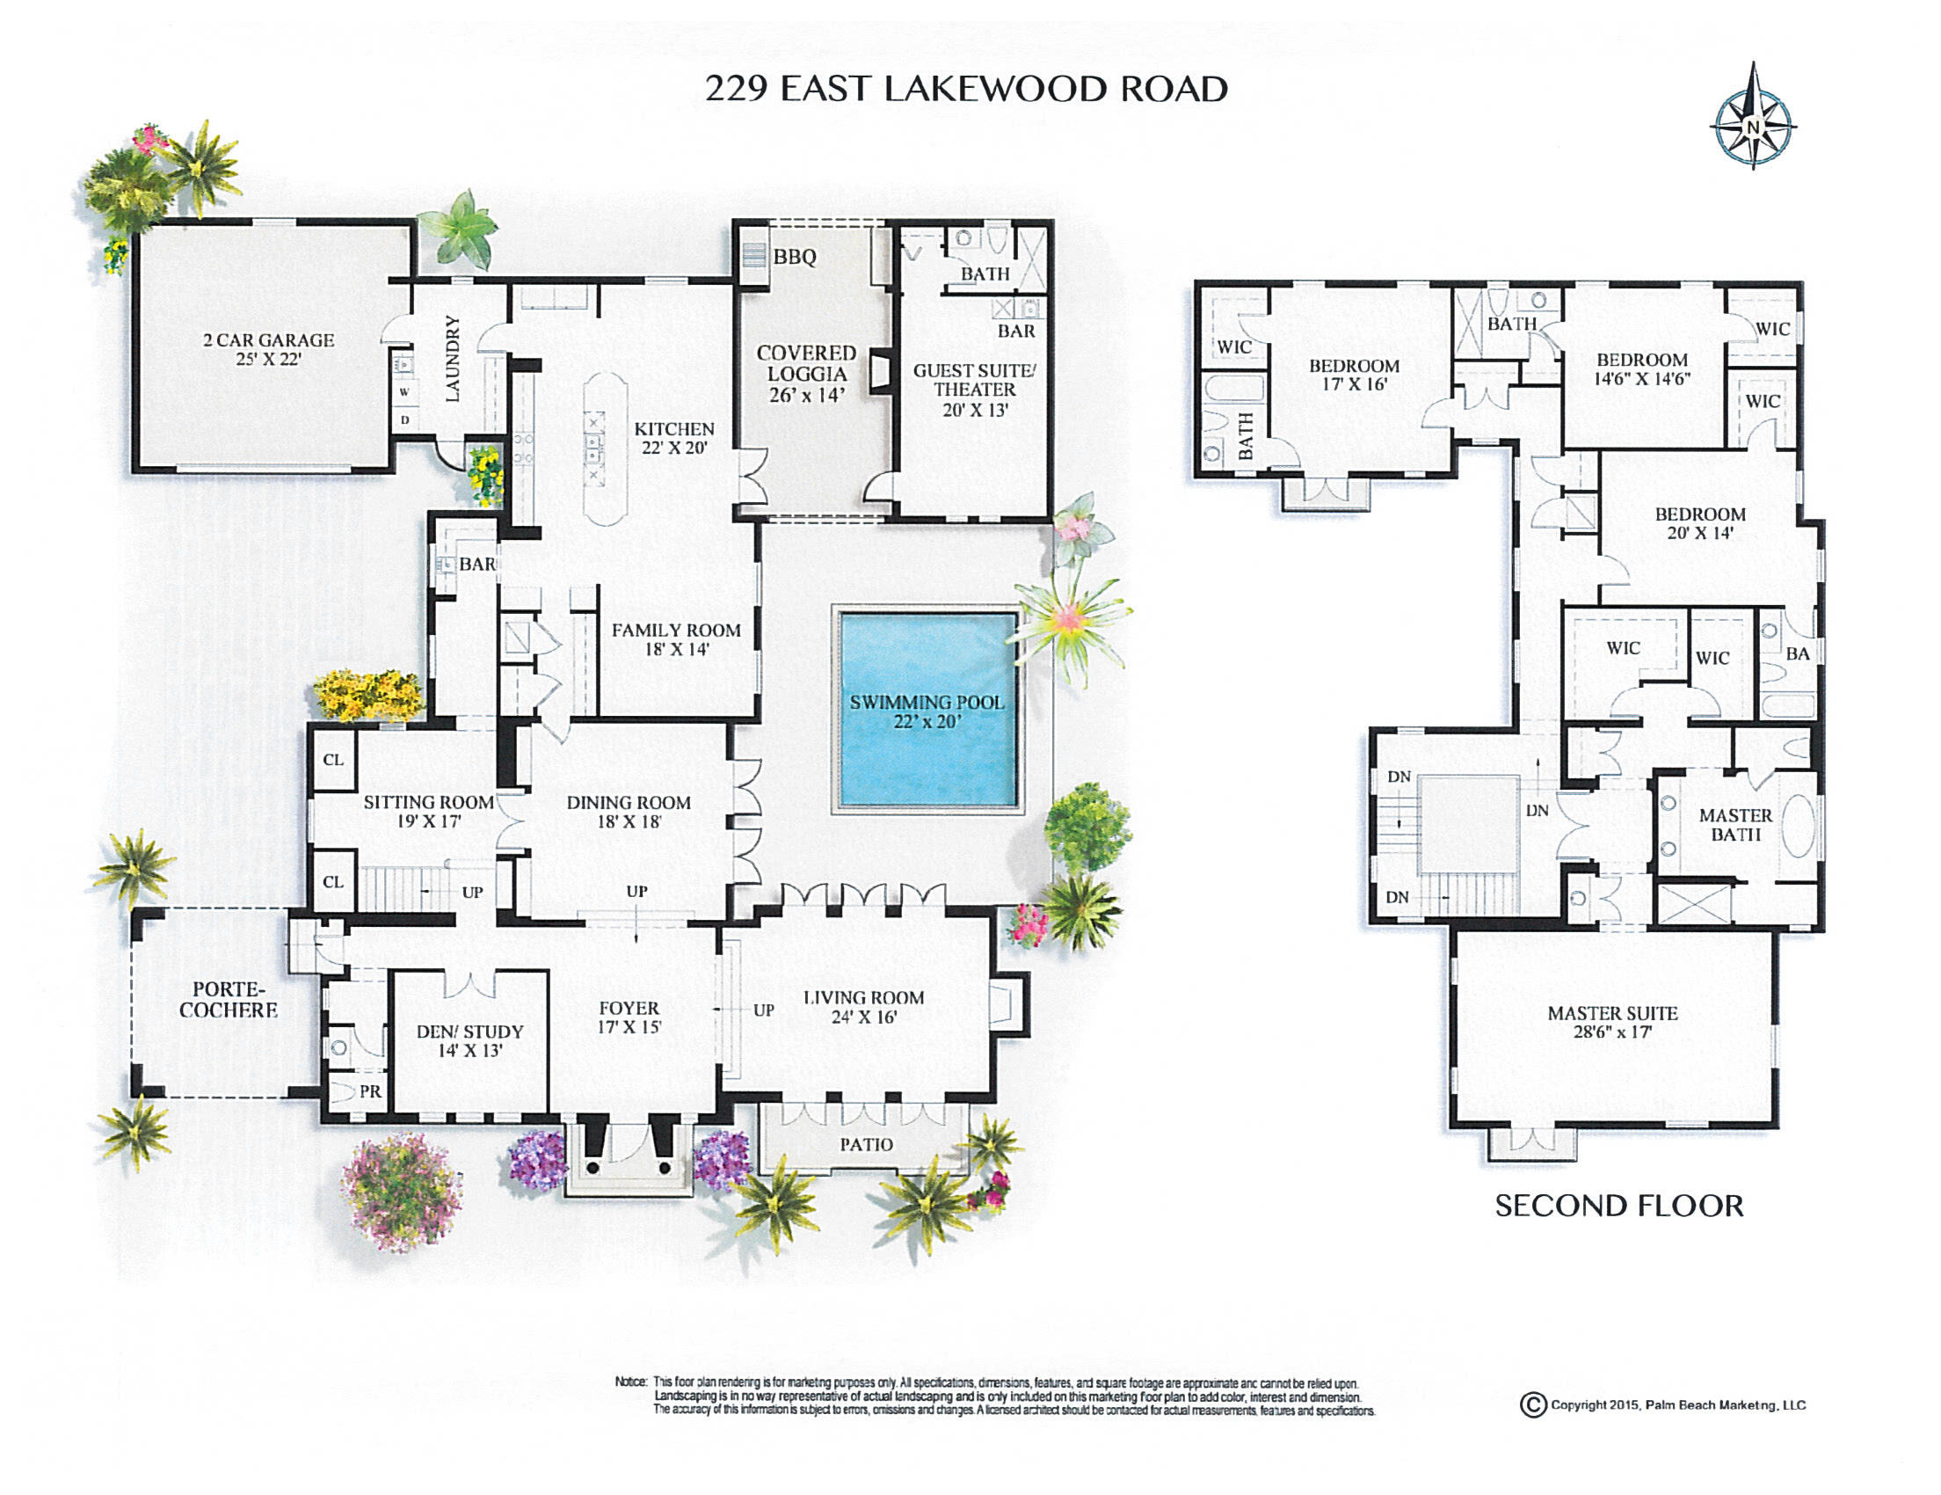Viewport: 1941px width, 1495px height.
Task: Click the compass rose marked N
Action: [1753, 126]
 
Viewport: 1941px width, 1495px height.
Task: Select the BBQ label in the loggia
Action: [795, 257]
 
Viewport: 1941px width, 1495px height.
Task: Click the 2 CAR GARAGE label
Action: [268, 348]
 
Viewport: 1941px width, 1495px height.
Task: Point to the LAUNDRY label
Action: [453, 358]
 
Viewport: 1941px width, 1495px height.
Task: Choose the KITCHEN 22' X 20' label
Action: [673, 438]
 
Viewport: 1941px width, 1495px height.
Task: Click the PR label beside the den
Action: [370, 1091]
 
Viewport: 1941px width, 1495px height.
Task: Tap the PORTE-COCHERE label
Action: [228, 1000]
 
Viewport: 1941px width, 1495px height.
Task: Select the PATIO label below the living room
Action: [867, 1145]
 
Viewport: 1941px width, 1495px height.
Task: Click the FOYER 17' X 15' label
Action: [629, 1017]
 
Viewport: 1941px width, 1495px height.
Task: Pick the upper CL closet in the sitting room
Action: [333, 760]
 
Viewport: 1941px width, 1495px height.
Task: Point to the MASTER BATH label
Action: [1734, 824]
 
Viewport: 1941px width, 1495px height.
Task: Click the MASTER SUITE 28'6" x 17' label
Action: [1612, 1022]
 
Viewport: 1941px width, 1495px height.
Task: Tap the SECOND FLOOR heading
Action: [1618, 1207]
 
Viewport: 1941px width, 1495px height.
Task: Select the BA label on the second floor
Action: [1797, 654]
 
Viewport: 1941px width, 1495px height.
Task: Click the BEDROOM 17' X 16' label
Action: [1354, 375]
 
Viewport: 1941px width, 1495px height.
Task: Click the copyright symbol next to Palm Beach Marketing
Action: [1532, 1404]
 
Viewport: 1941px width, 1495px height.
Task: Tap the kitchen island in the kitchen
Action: [604, 449]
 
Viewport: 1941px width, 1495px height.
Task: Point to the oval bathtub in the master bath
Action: [1797, 825]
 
